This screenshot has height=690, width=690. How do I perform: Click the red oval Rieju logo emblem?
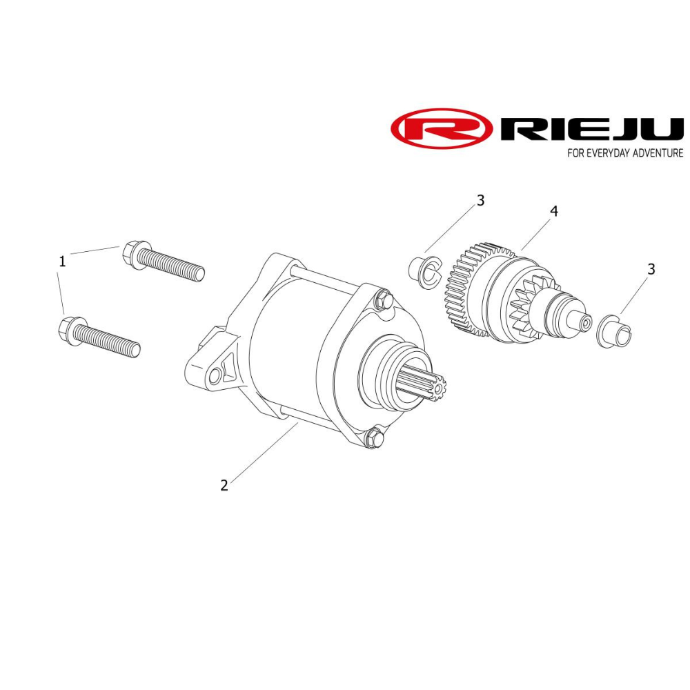click(442, 129)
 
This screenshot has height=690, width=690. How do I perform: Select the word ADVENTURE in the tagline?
click(651, 153)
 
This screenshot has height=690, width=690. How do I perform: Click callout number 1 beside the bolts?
click(63, 262)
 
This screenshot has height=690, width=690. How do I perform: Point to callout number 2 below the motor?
click(224, 485)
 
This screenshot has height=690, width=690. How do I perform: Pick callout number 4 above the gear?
click(553, 211)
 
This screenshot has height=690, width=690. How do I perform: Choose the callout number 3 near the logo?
click(481, 201)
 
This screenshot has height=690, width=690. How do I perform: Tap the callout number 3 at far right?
click(651, 269)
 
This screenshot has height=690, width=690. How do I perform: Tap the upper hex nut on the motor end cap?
click(381, 301)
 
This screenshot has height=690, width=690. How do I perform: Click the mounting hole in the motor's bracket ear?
click(219, 374)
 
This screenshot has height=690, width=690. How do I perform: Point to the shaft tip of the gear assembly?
click(584, 322)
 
